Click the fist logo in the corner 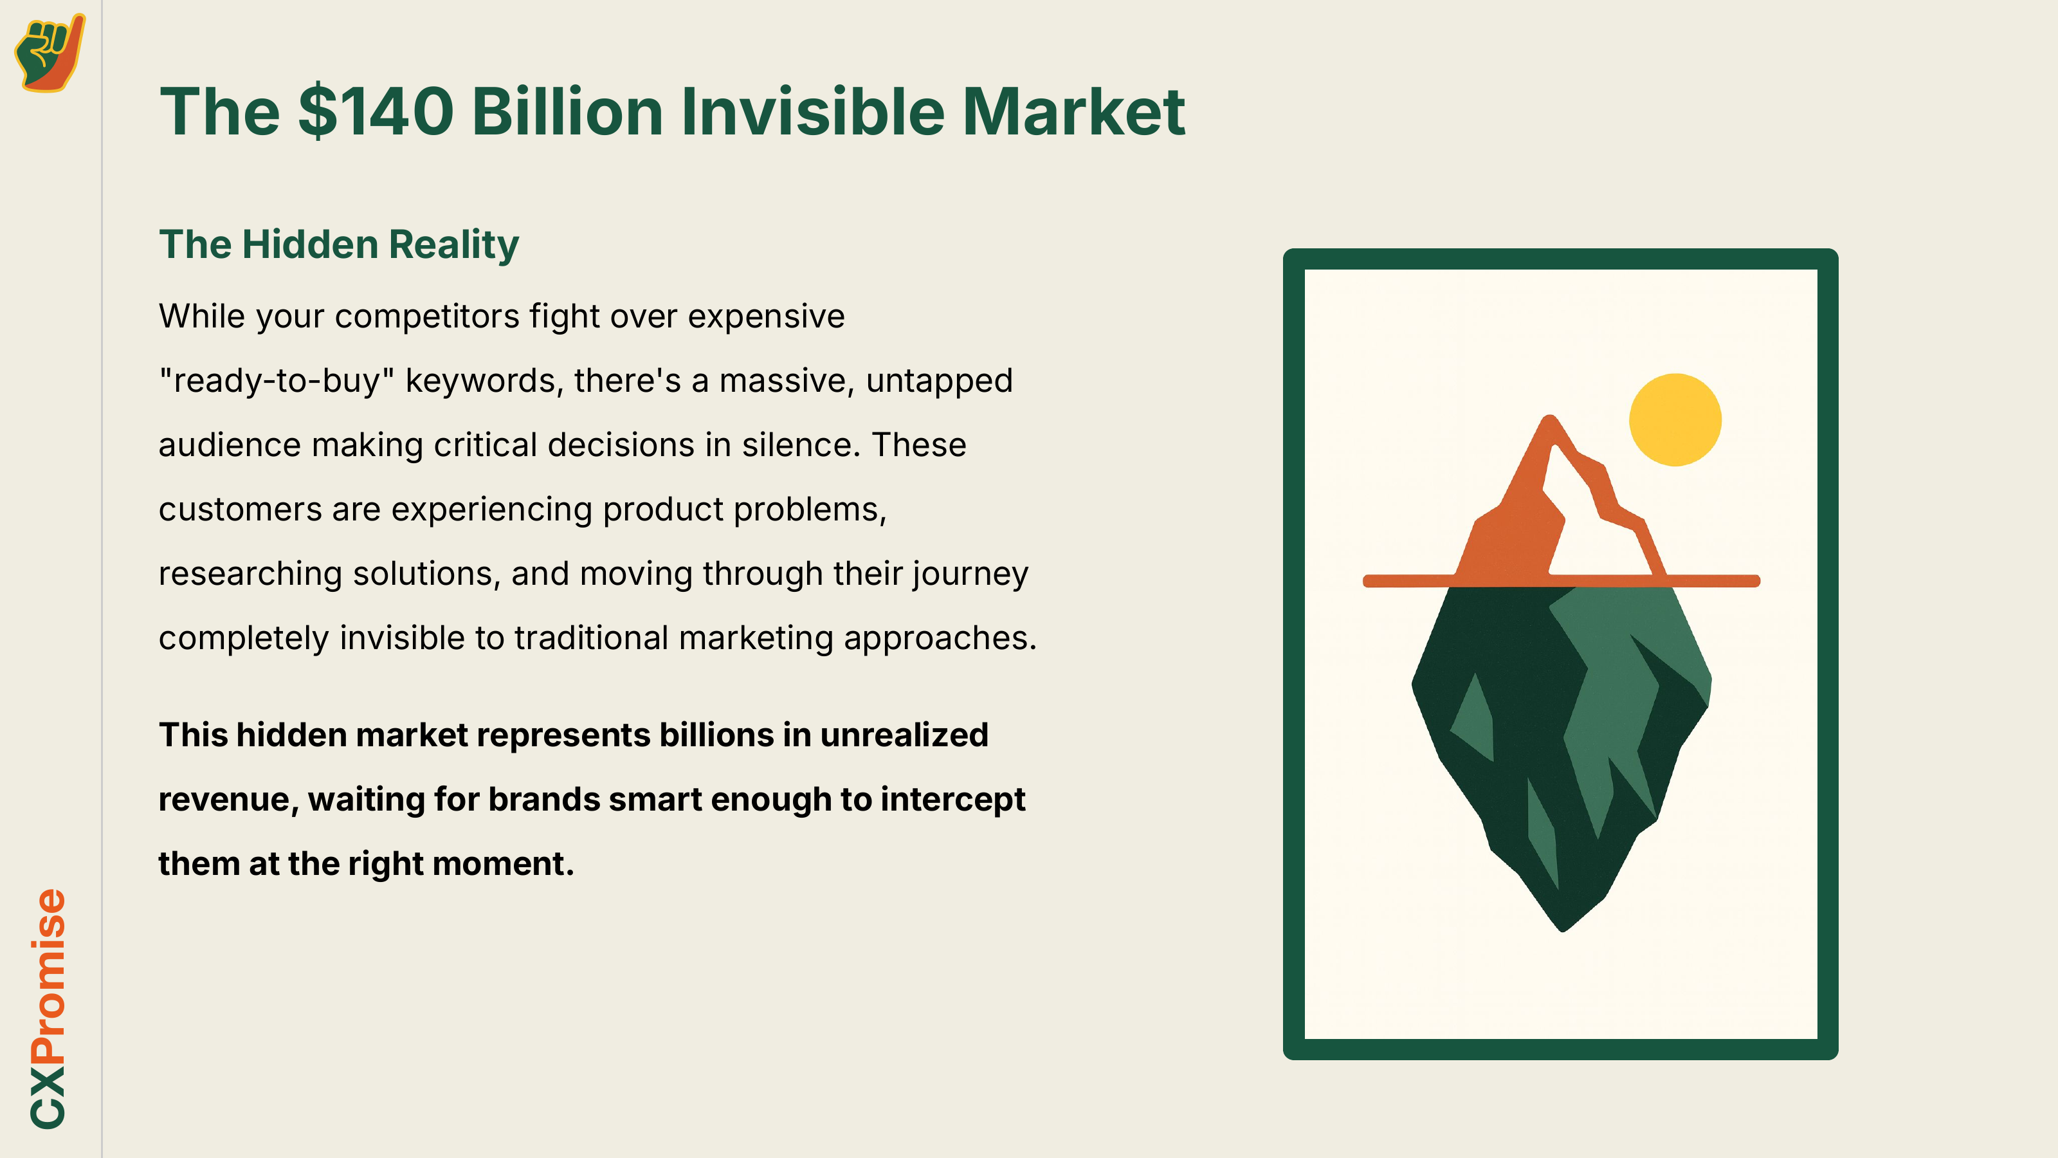[x=50, y=53]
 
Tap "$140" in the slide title [x=376, y=111]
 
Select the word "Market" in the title [x=1074, y=111]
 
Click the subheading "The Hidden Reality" [x=339, y=244]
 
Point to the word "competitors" [x=426, y=317]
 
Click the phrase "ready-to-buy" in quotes [x=277, y=380]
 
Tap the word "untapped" [x=940, y=380]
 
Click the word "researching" [x=250, y=574]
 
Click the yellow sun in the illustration [x=1675, y=419]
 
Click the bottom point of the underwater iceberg [x=1563, y=931]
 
